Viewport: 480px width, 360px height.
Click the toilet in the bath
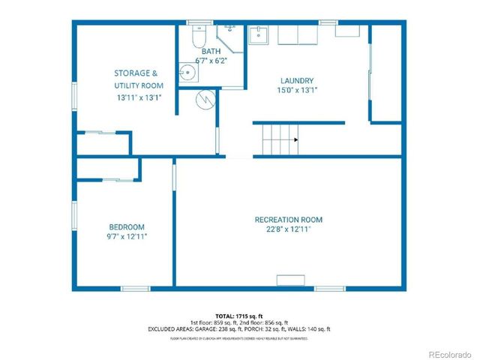coord(199,36)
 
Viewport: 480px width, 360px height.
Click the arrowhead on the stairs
coord(296,139)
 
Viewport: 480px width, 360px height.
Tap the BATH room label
coord(211,51)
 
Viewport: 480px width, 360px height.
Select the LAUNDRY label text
coord(297,80)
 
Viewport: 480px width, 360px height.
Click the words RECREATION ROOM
coord(288,220)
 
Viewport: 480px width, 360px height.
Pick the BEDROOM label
coord(127,226)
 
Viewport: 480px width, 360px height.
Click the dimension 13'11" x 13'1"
coord(139,97)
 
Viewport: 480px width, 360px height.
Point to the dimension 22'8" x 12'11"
coord(288,229)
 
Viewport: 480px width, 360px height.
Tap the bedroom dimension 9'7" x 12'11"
coord(127,236)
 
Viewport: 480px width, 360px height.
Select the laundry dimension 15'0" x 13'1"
coord(297,90)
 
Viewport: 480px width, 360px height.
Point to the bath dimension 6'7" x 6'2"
coord(211,60)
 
